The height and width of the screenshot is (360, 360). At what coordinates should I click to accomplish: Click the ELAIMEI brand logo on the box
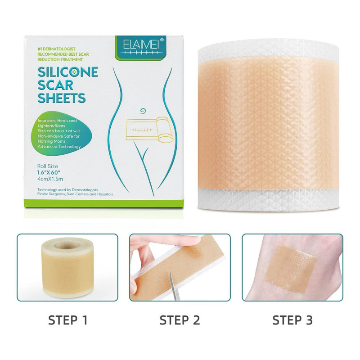pyautogui.click(x=141, y=47)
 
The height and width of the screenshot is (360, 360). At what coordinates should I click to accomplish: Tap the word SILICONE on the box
pyautogui.click(x=68, y=72)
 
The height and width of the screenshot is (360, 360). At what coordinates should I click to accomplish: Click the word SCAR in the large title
pyautogui.click(x=55, y=85)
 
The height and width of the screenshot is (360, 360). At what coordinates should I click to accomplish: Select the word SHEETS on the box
pyautogui.click(x=62, y=98)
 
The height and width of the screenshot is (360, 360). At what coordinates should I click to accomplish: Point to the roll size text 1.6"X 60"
pyautogui.click(x=49, y=173)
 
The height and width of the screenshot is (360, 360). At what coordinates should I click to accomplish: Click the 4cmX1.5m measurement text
pyautogui.click(x=50, y=179)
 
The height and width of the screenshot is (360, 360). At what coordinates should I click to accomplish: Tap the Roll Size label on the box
pyautogui.click(x=48, y=166)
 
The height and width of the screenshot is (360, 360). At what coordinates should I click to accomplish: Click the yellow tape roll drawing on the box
pyautogui.click(x=149, y=129)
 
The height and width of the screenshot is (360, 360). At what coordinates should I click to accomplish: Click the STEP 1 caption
pyautogui.click(x=68, y=320)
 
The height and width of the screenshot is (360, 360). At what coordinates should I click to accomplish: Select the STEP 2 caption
pyautogui.click(x=180, y=320)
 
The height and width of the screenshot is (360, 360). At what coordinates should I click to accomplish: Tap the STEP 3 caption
pyautogui.click(x=292, y=320)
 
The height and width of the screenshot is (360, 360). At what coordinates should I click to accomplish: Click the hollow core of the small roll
pyautogui.click(x=67, y=245)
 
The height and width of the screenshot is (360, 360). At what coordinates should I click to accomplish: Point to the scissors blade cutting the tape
pyautogui.click(x=173, y=286)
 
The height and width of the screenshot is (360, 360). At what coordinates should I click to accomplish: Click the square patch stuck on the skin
pyautogui.click(x=291, y=268)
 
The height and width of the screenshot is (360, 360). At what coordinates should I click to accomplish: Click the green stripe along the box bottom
pyautogui.click(x=104, y=203)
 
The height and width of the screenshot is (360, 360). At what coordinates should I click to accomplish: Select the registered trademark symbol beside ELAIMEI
pyautogui.click(x=162, y=40)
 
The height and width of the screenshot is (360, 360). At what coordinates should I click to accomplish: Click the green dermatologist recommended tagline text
pyautogui.click(x=63, y=54)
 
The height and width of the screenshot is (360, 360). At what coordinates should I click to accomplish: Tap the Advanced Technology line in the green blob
pyautogui.click(x=59, y=147)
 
